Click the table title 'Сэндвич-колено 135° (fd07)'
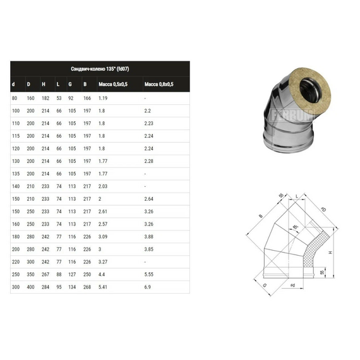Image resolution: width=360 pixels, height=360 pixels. click(101, 69)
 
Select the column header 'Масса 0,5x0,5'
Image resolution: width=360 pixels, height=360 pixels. click(113, 84)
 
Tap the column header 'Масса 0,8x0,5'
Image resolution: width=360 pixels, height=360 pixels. click(159, 84)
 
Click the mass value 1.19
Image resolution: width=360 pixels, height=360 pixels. click(103, 99)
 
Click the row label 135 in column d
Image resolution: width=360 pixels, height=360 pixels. click(16, 173)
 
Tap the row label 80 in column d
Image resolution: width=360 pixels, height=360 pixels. click(15, 99)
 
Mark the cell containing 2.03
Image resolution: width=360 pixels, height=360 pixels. click(104, 186)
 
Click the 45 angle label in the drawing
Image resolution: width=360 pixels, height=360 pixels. click(294, 227)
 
